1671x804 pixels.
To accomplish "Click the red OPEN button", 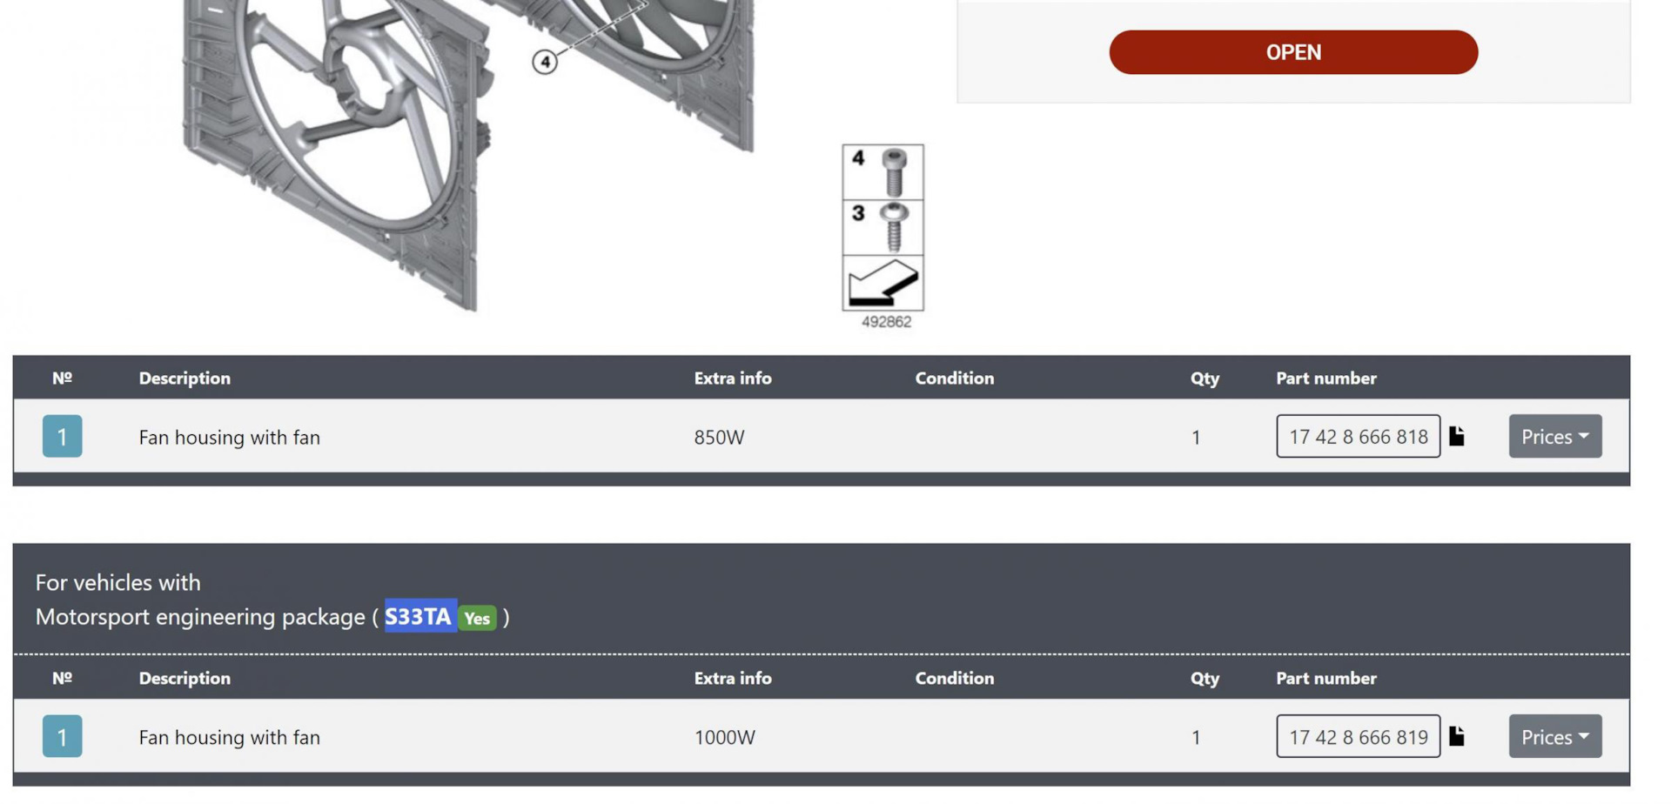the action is pyautogui.click(x=1293, y=52).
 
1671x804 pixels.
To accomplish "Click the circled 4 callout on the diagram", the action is pyautogui.click(x=545, y=62).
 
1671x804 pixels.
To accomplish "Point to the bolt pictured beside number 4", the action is pyautogui.click(x=894, y=172).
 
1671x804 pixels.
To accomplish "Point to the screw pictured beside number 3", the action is pyautogui.click(x=894, y=227).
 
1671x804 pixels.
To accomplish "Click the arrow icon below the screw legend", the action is pyautogui.click(x=882, y=283).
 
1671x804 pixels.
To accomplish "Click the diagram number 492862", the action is pyautogui.click(x=886, y=322).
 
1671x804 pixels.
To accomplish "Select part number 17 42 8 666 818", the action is pyautogui.click(x=1358, y=437).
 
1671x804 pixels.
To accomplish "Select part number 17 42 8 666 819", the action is pyautogui.click(x=1358, y=737).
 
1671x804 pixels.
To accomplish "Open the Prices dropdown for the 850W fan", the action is pyautogui.click(x=1555, y=437).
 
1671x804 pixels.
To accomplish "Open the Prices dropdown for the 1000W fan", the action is pyautogui.click(x=1555, y=737).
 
